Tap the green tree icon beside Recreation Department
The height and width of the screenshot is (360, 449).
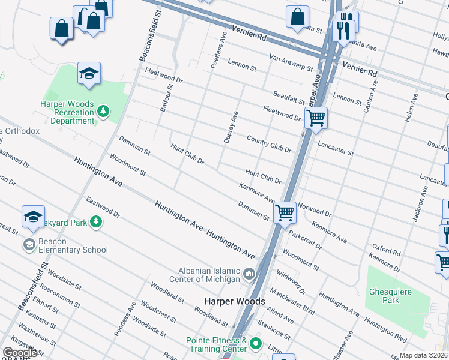(104, 112)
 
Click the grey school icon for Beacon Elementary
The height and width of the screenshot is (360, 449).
(29, 244)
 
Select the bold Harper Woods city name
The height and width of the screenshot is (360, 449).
(234, 301)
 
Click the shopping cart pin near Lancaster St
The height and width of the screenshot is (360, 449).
(316, 119)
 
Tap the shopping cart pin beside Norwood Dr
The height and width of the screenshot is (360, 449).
(284, 213)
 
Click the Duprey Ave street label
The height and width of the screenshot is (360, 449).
(231, 128)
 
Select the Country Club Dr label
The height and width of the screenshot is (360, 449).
(269, 144)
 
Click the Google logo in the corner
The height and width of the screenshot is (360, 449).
(20, 353)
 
